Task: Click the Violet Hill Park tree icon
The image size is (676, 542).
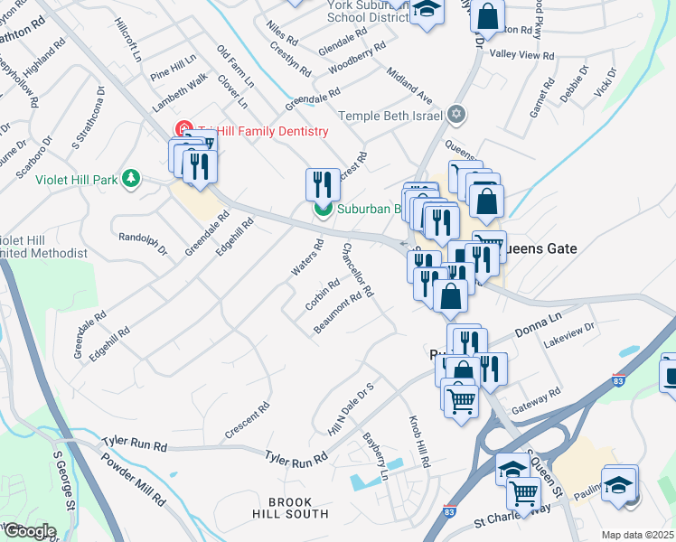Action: [x=132, y=179]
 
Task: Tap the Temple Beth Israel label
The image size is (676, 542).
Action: [x=391, y=116]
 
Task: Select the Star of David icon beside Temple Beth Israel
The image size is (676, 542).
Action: [x=456, y=115]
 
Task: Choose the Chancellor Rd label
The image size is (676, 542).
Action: [x=357, y=272]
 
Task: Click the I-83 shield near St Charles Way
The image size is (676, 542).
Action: [x=449, y=511]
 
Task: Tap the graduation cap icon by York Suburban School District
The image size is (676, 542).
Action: [x=427, y=11]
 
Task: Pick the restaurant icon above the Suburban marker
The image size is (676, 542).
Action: [x=323, y=184]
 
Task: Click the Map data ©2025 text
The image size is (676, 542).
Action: [x=637, y=535]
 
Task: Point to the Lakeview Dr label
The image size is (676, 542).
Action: [x=570, y=336]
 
